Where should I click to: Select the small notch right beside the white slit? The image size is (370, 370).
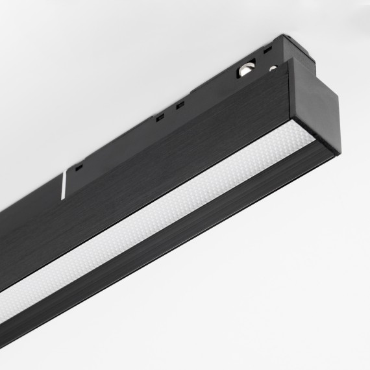click(x=79, y=167)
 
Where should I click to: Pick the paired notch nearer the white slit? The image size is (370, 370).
click(x=158, y=117)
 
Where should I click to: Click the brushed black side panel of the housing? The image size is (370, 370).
click(x=162, y=169)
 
